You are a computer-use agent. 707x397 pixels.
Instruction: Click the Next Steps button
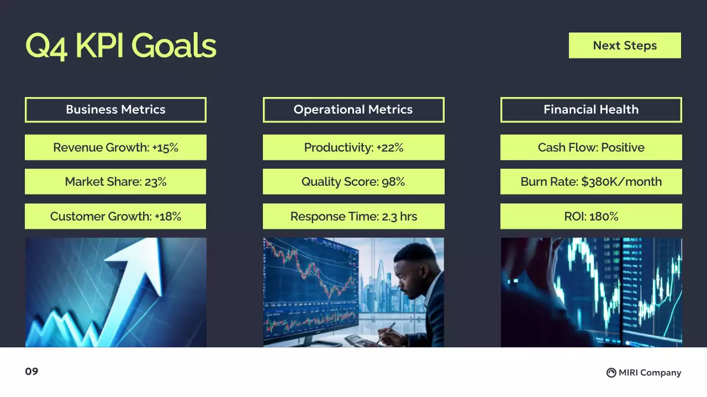[625, 45]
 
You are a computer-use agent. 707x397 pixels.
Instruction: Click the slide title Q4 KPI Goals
[120, 46]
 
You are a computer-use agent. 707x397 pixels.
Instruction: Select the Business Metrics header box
[115, 110]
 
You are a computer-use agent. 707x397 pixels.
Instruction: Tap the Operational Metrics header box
[353, 110]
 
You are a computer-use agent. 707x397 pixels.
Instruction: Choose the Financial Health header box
[591, 110]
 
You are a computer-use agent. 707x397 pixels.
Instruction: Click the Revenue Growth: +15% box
[115, 147]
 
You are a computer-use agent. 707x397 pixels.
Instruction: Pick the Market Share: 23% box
[115, 181]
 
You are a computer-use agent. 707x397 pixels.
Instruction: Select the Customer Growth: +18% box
[115, 216]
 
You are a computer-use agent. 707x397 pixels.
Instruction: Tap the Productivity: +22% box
[353, 147]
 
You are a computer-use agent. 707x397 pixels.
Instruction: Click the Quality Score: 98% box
[353, 181]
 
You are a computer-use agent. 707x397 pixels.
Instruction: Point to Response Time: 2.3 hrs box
[353, 216]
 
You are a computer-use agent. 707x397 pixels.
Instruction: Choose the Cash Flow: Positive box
[591, 147]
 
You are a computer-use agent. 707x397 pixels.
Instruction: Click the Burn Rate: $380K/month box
[591, 181]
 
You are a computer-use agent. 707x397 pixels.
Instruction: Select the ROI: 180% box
[591, 216]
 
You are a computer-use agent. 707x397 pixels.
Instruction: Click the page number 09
[31, 372]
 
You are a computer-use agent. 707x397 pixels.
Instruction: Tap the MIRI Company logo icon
[611, 373]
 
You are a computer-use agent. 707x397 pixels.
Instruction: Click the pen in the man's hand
[388, 330]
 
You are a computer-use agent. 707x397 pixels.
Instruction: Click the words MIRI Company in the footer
[650, 373]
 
